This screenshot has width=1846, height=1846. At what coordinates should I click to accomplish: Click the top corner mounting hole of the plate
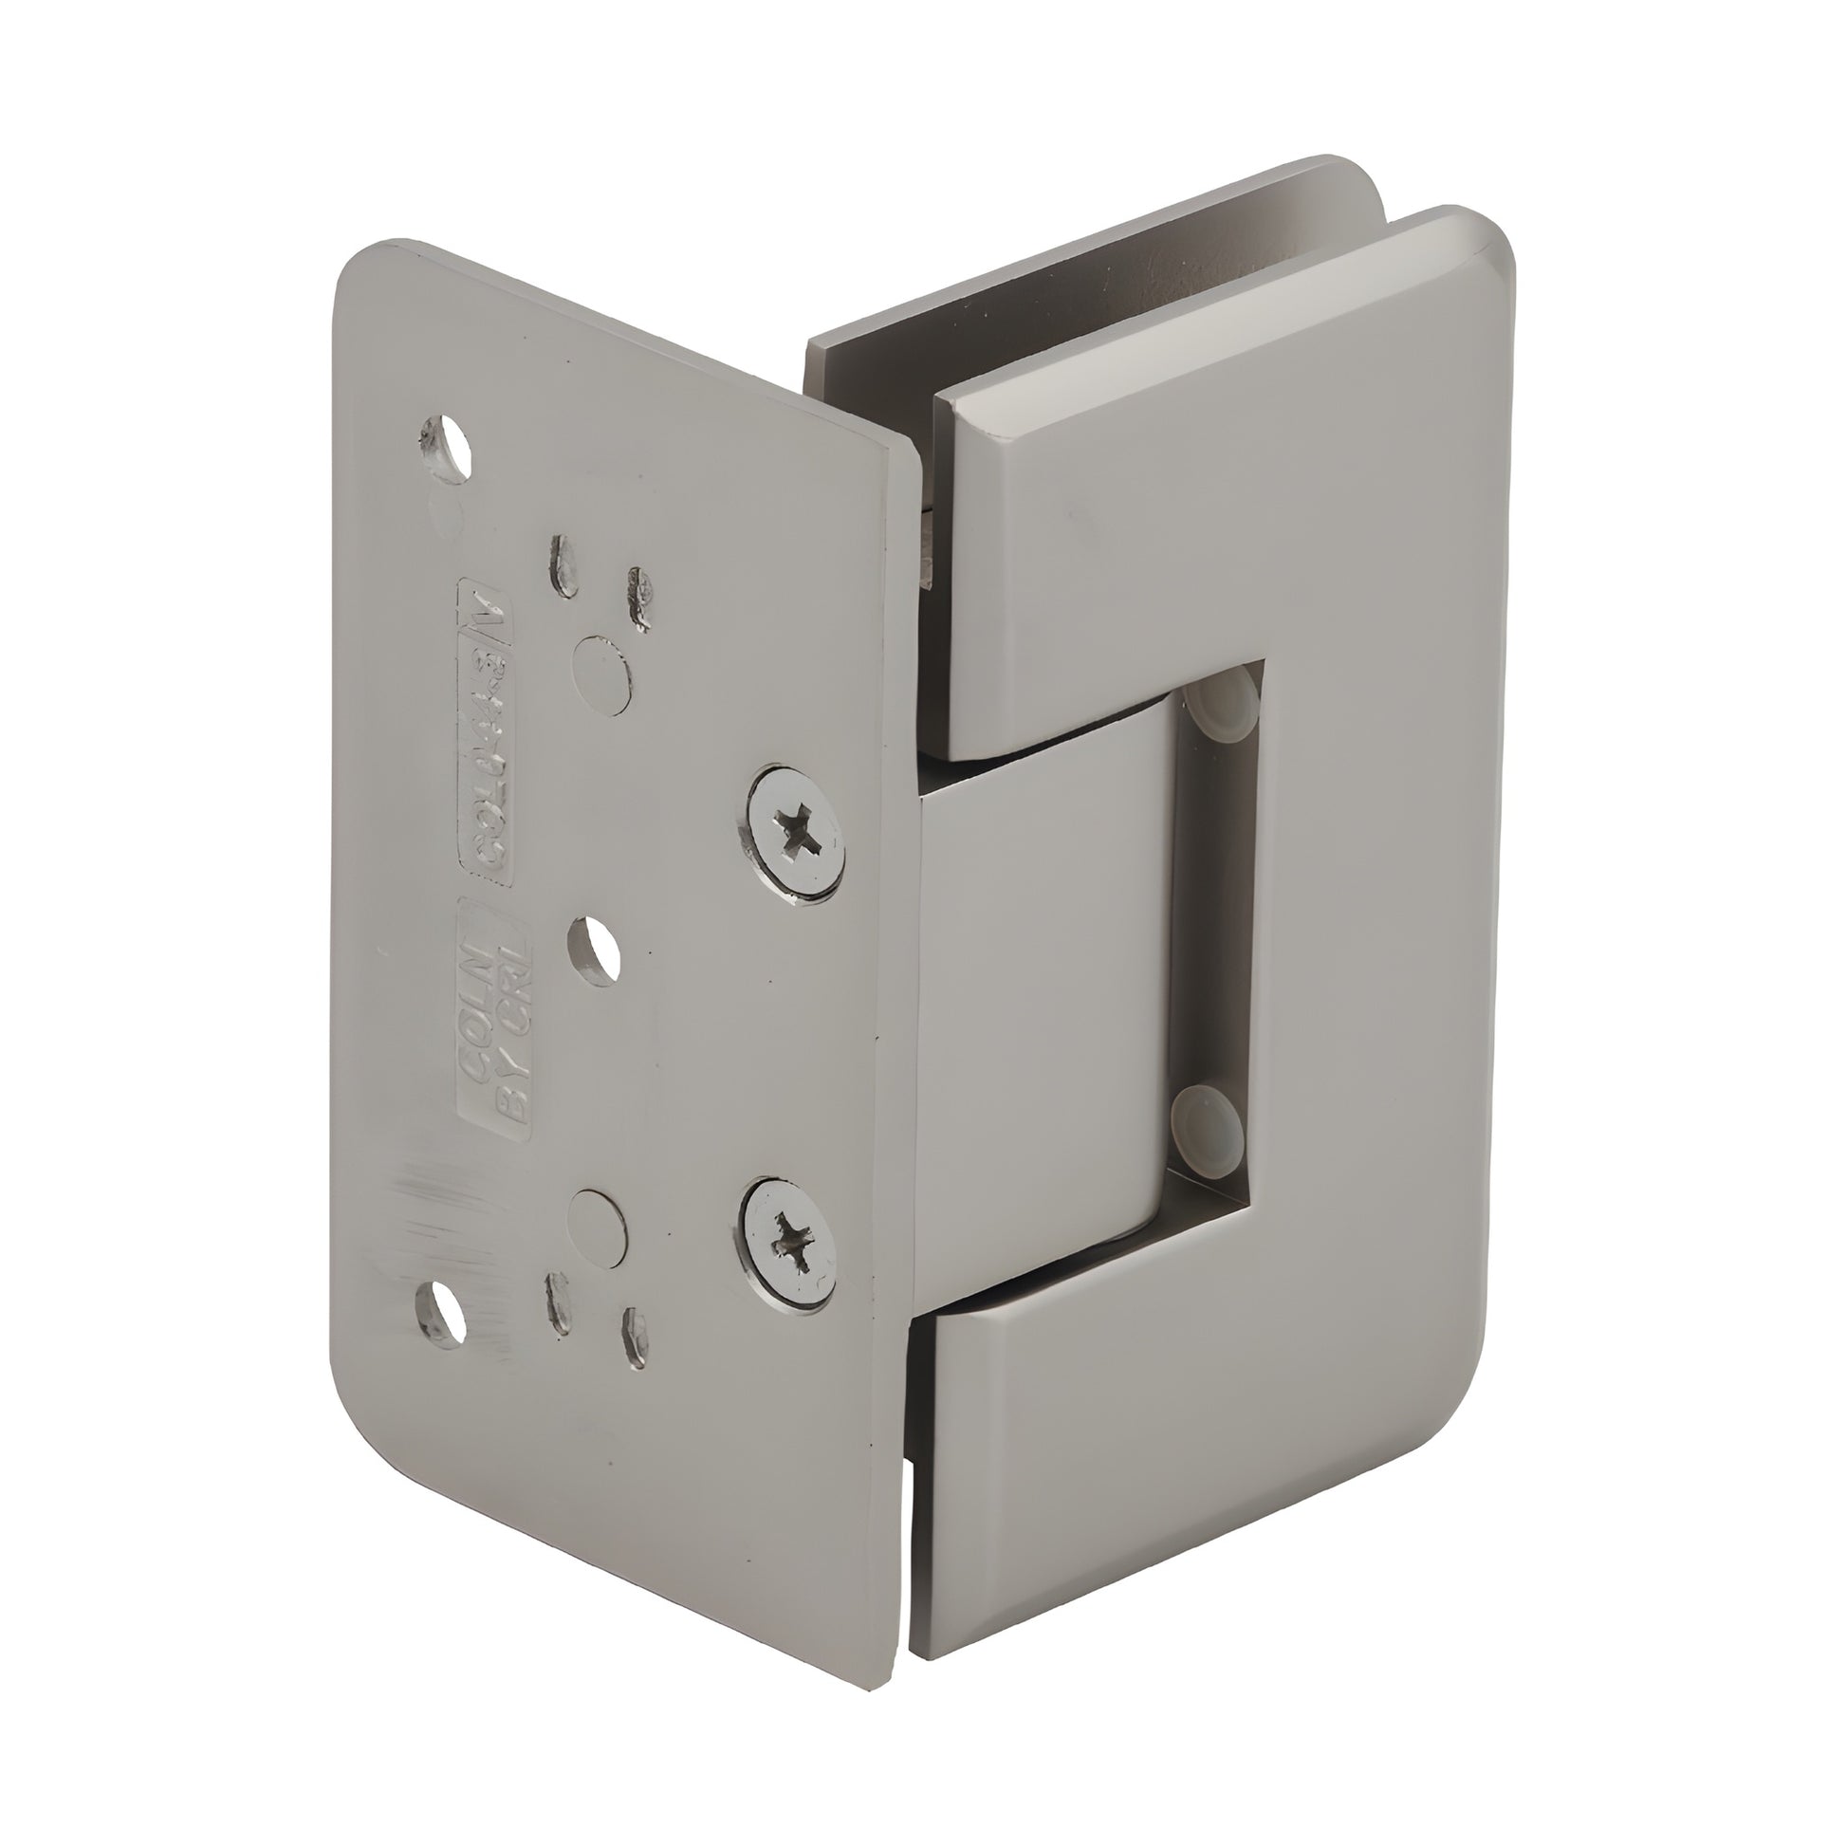(445, 445)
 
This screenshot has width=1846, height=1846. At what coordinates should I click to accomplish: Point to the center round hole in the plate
(592, 950)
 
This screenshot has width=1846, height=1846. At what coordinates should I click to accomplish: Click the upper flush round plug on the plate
(602, 674)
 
